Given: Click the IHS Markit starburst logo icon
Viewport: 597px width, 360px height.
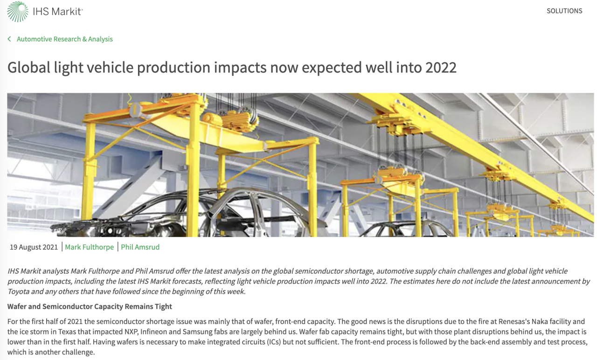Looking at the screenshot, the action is click(x=18, y=12).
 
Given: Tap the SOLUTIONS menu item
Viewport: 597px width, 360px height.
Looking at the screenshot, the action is click(x=564, y=11).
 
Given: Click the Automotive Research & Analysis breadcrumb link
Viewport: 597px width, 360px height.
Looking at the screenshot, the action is click(x=65, y=39).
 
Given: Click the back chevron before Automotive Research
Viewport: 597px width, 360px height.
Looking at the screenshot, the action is click(x=9, y=39).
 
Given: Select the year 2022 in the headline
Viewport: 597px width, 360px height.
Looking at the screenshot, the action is click(x=441, y=68).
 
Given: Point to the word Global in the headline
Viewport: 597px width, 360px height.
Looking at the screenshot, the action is click(x=29, y=68).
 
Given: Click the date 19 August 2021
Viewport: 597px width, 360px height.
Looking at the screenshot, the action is click(x=34, y=247).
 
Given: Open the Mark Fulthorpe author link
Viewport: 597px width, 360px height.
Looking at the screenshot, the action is click(x=89, y=247).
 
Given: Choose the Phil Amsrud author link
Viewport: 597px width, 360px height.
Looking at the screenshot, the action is click(x=140, y=247).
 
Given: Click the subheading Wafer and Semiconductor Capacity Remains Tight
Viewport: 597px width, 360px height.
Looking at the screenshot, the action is click(x=90, y=306).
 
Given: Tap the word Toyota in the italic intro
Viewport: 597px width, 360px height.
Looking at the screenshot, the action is click(x=18, y=291).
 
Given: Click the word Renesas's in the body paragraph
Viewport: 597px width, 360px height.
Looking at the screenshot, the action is click(x=514, y=322).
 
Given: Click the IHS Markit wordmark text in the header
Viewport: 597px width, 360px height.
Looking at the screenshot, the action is click(x=57, y=12).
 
